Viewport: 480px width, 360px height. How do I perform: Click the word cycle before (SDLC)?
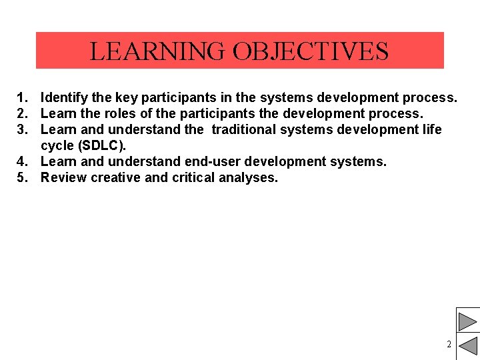pos(57,145)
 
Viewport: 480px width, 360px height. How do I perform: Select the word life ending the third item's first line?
pos(431,129)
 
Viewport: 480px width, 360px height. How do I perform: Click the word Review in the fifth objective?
pos(63,177)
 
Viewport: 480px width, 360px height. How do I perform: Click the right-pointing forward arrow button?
pos(467,319)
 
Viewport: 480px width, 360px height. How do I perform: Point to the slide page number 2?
pos(449,345)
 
